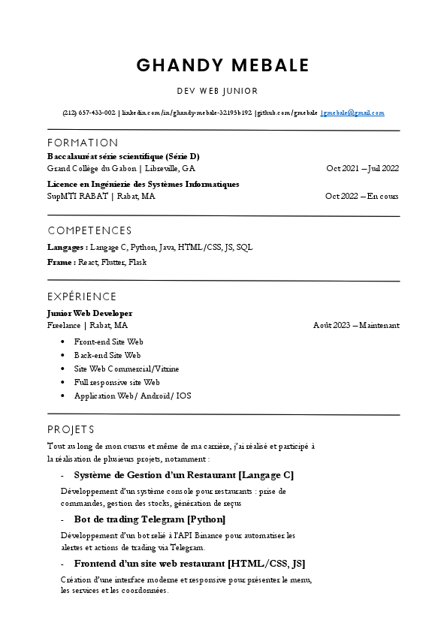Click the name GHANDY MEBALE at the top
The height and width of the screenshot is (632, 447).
click(x=222, y=65)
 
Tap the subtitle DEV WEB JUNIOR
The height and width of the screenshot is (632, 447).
click(x=217, y=91)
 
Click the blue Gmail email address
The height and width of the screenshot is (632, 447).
click(x=352, y=113)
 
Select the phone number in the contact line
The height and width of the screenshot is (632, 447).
click(x=89, y=113)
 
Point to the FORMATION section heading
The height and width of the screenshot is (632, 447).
click(x=83, y=143)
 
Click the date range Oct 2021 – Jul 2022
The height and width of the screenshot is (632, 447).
click(x=362, y=168)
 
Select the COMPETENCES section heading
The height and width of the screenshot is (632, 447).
click(x=89, y=230)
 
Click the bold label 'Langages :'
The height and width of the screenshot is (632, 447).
click(x=67, y=246)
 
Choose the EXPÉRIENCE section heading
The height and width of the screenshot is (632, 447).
click(x=82, y=296)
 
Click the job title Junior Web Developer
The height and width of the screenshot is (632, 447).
click(x=89, y=312)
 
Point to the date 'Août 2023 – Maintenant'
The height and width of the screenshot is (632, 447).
click(x=356, y=325)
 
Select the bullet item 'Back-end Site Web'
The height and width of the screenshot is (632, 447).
click(x=107, y=355)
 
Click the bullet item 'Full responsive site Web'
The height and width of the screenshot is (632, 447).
click(x=116, y=382)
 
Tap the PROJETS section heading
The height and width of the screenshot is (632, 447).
click(x=71, y=429)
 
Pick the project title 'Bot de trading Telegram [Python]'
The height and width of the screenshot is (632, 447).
click(x=150, y=519)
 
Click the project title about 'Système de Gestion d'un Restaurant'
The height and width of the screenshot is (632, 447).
click(x=183, y=474)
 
